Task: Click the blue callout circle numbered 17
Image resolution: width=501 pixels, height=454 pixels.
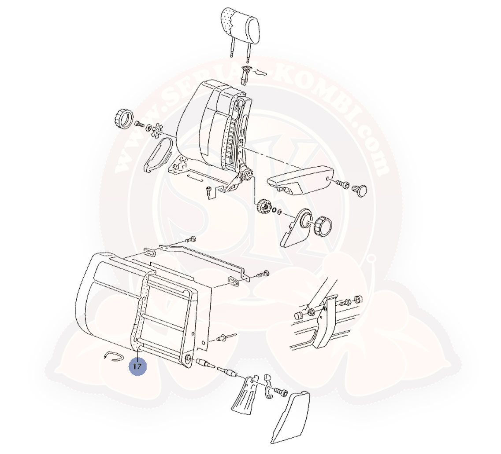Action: pos(137,366)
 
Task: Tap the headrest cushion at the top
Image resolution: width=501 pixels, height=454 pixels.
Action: pos(240,26)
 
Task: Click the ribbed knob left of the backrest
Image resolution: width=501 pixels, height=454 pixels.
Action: pos(124,118)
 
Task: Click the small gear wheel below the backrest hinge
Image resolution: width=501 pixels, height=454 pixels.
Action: pos(264,205)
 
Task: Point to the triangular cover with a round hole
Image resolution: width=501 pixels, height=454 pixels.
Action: pos(296,228)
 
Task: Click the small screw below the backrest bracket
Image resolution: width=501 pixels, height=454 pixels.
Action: pos(209,190)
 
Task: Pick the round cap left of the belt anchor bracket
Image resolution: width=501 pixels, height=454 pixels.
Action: pos(298,316)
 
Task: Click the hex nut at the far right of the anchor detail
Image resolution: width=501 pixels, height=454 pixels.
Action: pos(359,299)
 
